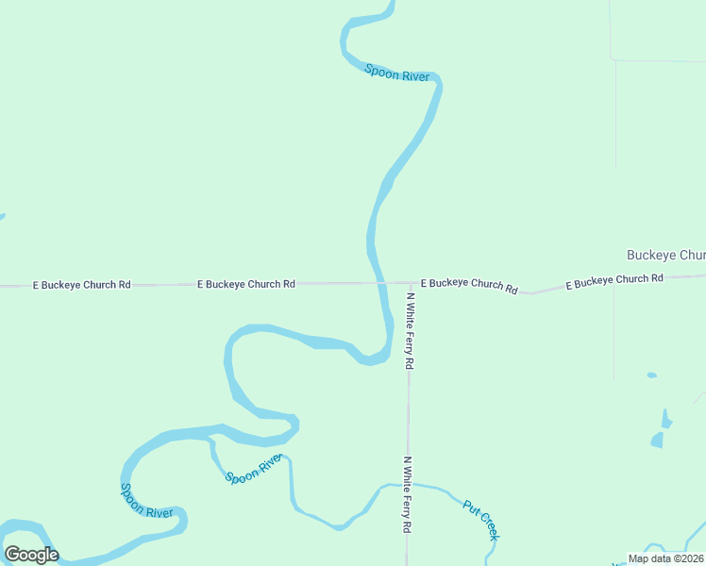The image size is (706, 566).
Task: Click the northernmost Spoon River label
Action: coord(397,73)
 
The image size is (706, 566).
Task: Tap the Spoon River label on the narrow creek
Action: coord(254,469)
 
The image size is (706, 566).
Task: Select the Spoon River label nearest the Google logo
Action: coord(146,500)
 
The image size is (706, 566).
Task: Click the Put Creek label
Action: coord(481,520)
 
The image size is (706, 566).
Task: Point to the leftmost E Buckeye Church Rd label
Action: coord(81,284)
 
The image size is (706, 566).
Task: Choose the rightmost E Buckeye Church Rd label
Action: coord(614,280)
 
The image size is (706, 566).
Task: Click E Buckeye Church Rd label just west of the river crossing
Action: coord(246,283)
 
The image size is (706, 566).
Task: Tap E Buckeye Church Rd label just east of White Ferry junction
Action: coord(469,284)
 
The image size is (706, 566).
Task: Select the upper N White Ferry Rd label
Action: coord(410,330)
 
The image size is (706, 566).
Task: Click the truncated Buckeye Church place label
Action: coord(665,256)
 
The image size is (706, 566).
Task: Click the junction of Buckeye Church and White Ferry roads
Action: coord(410,282)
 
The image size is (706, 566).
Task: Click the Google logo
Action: coord(31,555)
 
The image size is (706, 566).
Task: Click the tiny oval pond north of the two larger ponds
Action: coord(651,375)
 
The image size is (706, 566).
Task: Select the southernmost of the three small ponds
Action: coord(657,440)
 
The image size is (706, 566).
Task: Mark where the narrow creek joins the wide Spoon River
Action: coord(210,439)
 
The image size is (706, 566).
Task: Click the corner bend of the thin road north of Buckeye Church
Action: coord(614,59)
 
